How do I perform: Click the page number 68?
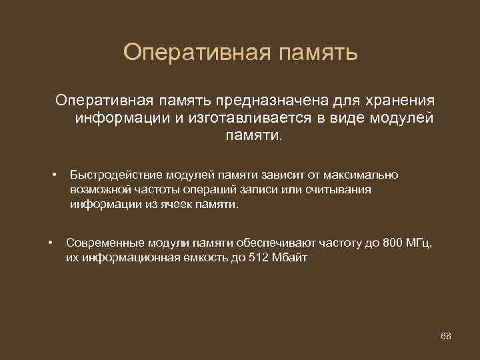(x=446, y=335)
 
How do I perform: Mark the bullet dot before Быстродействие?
(x=53, y=175)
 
